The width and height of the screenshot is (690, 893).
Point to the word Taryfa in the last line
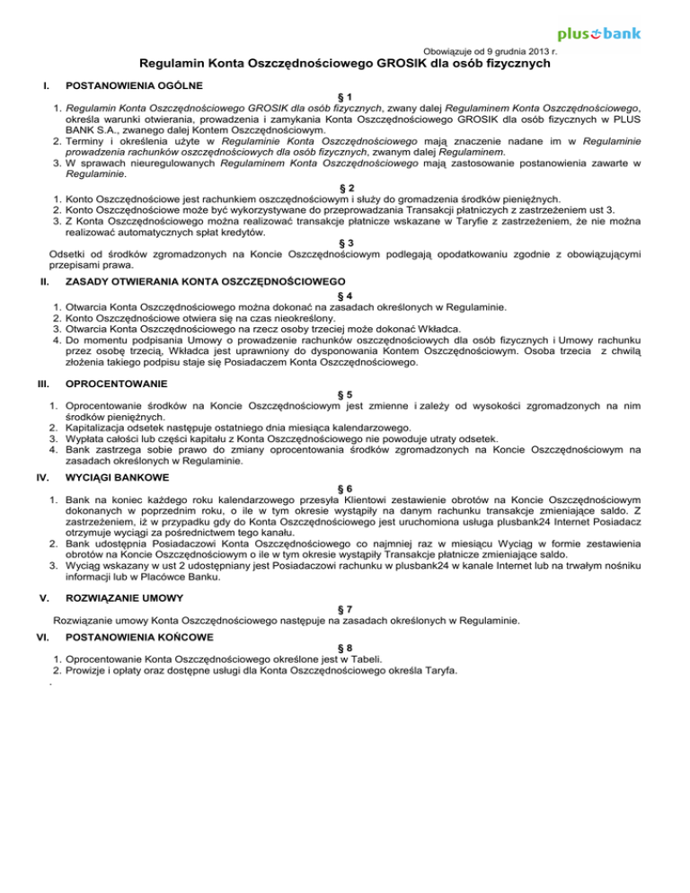coord(436,670)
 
